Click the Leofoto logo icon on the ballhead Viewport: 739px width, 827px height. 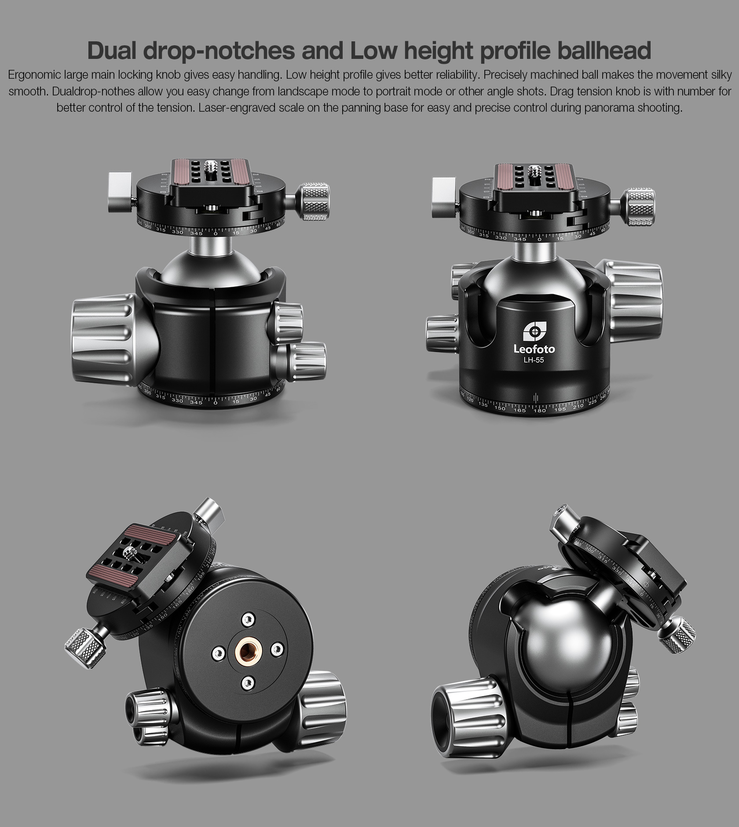point(534,331)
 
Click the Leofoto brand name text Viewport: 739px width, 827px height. point(534,350)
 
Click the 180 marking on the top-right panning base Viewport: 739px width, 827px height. point(540,411)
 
